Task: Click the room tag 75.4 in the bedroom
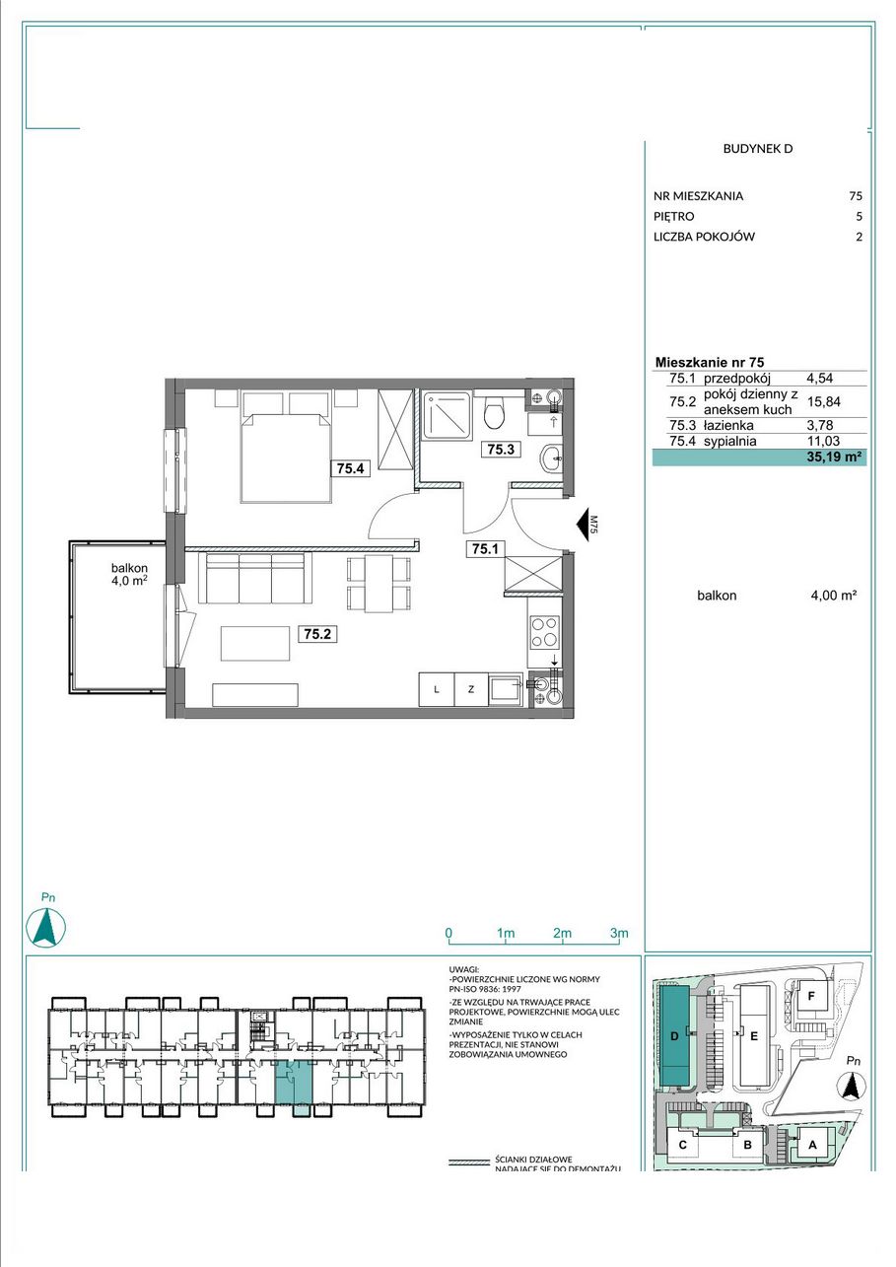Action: [x=351, y=468]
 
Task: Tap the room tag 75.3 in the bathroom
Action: [x=501, y=449]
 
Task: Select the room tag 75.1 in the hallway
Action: [x=485, y=548]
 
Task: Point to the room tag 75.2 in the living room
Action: [x=317, y=634]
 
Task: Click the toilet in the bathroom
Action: [x=496, y=414]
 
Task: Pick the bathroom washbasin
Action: [x=551, y=458]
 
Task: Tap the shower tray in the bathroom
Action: [x=448, y=416]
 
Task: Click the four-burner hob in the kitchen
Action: [x=544, y=632]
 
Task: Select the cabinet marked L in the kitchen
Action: [x=437, y=689]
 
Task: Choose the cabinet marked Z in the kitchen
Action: [x=471, y=689]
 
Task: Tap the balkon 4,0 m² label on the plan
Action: [x=129, y=574]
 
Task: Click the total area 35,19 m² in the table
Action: [x=836, y=458]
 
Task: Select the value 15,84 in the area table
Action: [x=824, y=402]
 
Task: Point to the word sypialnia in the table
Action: [x=729, y=441]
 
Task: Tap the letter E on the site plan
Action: [x=753, y=1037]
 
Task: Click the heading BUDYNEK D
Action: [x=757, y=149]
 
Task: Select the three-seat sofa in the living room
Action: [x=255, y=578]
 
